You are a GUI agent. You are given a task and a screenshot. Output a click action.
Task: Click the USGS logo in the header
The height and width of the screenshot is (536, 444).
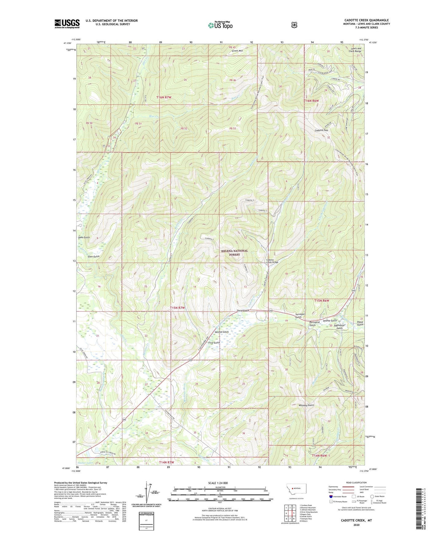click(x=67, y=24)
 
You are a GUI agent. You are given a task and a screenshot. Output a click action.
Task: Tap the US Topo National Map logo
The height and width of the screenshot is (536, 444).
click(x=220, y=25)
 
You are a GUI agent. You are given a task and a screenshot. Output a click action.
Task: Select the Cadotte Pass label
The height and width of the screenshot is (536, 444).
click(x=321, y=130)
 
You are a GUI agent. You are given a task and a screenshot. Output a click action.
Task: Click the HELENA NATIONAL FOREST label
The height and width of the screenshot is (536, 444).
click(x=234, y=252)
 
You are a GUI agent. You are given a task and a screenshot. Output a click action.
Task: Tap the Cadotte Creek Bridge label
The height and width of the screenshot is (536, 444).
click(x=272, y=261)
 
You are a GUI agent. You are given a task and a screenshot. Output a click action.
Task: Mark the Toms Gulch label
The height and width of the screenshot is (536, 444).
click(x=84, y=237)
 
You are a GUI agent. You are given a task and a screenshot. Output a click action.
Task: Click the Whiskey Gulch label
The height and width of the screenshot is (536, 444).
click(x=306, y=405)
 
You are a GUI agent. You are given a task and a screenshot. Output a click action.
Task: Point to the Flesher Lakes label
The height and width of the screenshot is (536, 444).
click(x=85, y=463)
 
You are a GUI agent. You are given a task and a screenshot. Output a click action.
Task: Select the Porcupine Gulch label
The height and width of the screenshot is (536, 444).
click(x=312, y=324)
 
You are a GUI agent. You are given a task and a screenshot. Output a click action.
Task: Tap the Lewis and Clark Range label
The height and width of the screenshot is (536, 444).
click(x=356, y=50)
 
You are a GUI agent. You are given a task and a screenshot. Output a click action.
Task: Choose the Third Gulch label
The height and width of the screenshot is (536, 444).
click(x=243, y=311)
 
